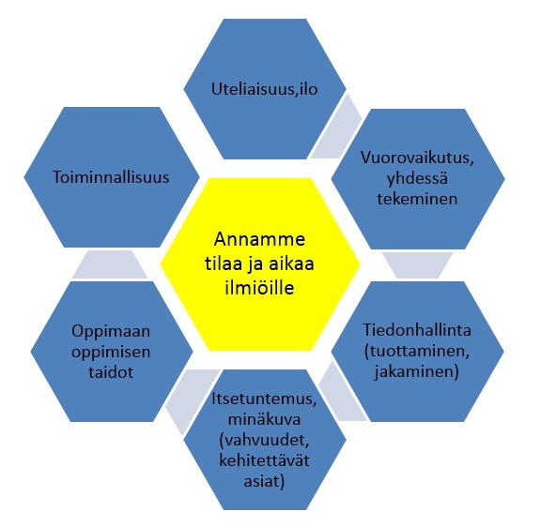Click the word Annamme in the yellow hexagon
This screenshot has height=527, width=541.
tap(259, 239)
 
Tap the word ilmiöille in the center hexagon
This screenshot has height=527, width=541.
tap(259, 287)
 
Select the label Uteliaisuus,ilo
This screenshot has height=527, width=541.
tap(264, 89)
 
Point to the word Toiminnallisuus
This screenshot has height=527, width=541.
tap(111, 177)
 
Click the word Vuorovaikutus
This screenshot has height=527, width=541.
tap(417, 158)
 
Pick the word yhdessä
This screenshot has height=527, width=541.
tap(417, 179)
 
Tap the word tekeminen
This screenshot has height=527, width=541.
tap(417, 199)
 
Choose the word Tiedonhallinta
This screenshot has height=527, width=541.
tap(417, 330)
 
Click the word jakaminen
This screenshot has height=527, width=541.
tap(415, 371)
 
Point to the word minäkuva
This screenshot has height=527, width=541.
tap(264, 419)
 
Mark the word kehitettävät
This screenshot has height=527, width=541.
tap(264, 460)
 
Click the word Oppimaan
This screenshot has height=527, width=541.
tap(111, 332)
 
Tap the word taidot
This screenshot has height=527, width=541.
tap(111, 372)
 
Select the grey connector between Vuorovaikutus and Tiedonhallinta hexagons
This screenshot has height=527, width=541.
tap(417, 265)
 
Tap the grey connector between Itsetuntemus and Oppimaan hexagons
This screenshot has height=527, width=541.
tap(191, 399)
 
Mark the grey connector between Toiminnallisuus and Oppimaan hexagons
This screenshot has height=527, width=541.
tap(110, 264)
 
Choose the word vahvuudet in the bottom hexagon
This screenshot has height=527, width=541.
tap(264, 440)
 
